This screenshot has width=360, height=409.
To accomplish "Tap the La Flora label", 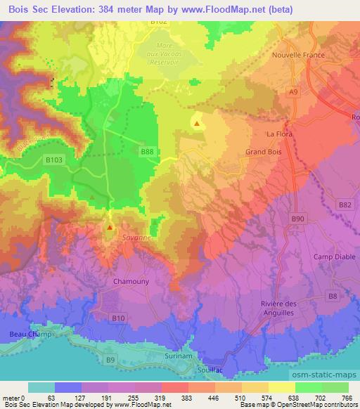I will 278,134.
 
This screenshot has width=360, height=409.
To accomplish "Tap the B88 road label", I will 146,151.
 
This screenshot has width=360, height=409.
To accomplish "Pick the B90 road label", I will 298,219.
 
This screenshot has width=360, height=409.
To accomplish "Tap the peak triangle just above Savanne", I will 110,227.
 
